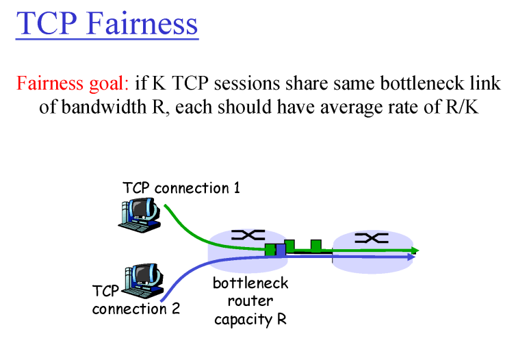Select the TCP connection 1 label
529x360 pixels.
coord(181,187)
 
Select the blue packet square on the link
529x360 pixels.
coord(281,250)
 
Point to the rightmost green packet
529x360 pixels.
coord(315,245)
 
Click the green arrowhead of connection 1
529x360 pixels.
coord(414,250)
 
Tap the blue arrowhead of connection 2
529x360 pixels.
coord(411,257)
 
